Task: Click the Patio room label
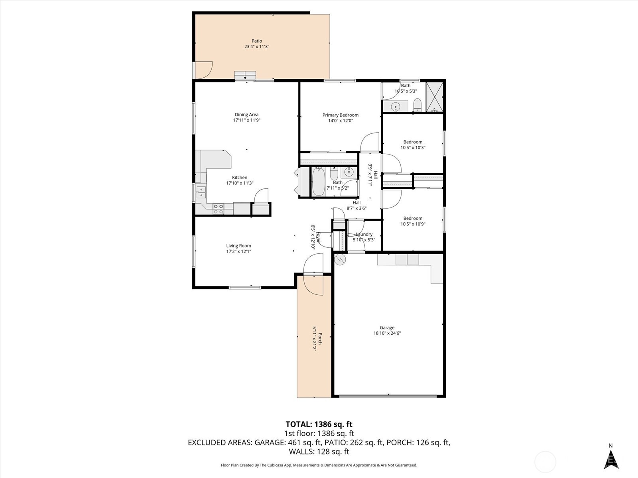(x=257, y=41)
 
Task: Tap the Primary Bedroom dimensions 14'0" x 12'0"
(x=341, y=121)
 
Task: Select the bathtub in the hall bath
(x=318, y=182)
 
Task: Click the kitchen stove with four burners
(x=218, y=209)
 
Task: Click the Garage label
(x=387, y=327)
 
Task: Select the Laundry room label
(x=364, y=234)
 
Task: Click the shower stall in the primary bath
(x=434, y=97)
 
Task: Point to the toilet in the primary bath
(x=417, y=105)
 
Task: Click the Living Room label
(x=238, y=246)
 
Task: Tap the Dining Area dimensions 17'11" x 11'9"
(x=246, y=120)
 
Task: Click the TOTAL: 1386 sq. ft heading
(x=319, y=424)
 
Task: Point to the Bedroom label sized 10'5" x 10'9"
(x=413, y=218)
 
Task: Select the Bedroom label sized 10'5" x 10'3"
(x=413, y=142)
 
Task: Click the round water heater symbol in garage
(x=340, y=259)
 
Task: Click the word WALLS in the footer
(x=301, y=451)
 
